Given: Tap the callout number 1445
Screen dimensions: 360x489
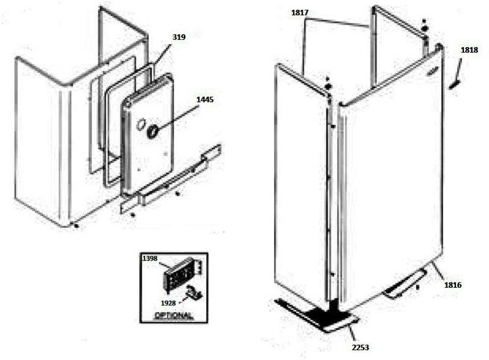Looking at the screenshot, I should [x=206, y=100].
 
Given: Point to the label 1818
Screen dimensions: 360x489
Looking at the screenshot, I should [x=470, y=51].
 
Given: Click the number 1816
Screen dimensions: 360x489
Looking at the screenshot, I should [x=453, y=285].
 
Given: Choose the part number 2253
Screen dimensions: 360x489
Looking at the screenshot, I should [x=360, y=347].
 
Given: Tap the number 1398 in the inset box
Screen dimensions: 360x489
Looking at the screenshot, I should [x=150, y=259].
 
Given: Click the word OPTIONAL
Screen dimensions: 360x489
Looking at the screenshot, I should [x=174, y=316].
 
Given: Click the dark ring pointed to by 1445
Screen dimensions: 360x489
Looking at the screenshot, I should [x=153, y=130].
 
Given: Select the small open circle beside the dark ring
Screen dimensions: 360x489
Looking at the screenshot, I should [x=139, y=126].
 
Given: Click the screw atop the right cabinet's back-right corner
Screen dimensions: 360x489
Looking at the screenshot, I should [x=425, y=28].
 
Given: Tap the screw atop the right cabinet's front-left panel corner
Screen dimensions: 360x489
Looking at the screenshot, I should [x=328, y=86].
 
